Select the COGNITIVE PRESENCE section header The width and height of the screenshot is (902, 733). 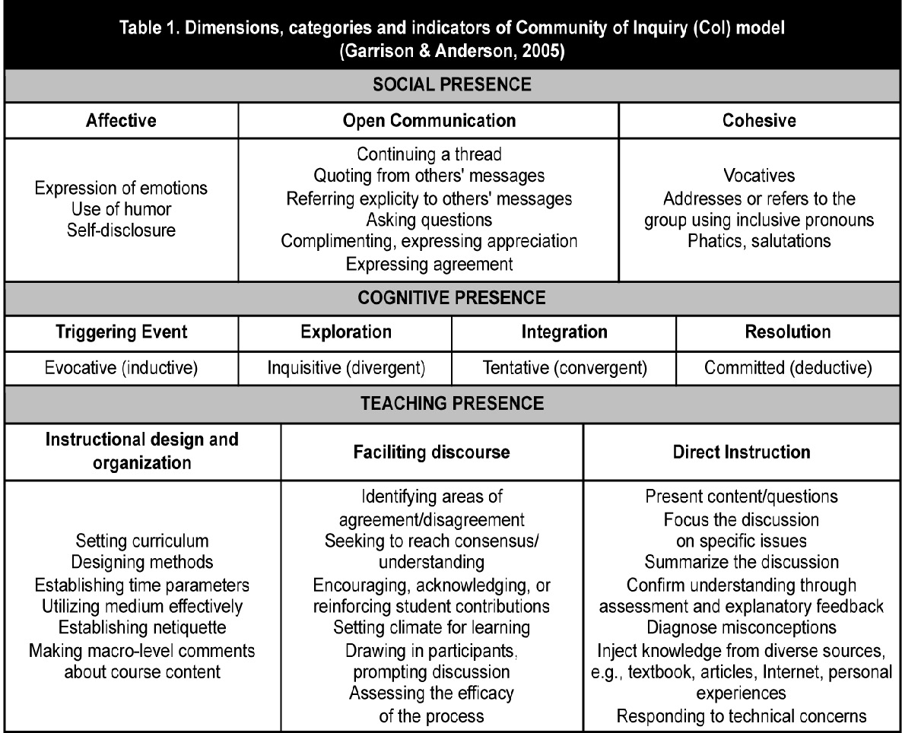pyautogui.click(x=451, y=297)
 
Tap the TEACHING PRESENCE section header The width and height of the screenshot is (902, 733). pyautogui.click(x=451, y=404)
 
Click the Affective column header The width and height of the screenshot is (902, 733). pyautogui.click(x=121, y=121)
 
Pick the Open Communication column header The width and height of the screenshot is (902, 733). pyautogui.click(x=429, y=121)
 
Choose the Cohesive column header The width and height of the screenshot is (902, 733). pyautogui.click(x=760, y=121)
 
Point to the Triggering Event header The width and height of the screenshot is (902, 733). pyautogui.click(x=121, y=332)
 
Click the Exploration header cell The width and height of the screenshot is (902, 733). pyautogui.click(x=346, y=332)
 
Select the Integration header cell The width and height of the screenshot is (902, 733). pyautogui.click(x=564, y=332)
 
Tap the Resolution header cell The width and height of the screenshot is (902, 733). pyautogui.click(x=787, y=332)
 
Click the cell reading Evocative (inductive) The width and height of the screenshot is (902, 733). pyautogui.click(x=122, y=368)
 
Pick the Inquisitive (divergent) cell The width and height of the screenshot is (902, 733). pyautogui.click(x=346, y=368)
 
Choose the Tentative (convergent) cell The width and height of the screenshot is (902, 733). pyautogui.click(x=564, y=368)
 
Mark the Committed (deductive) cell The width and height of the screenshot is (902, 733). pyautogui.click(x=787, y=368)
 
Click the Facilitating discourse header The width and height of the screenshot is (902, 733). pyautogui.click(x=431, y=452)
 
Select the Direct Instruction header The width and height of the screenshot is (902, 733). pyautogui.click(x=742, y=452)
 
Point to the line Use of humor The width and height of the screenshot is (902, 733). pyautogui.click(x=121, y=209)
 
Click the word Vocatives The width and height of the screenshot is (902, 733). pyautogui.click(x=760, y=176)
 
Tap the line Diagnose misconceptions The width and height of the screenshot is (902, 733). pyautogui.click(x=742, y=628)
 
